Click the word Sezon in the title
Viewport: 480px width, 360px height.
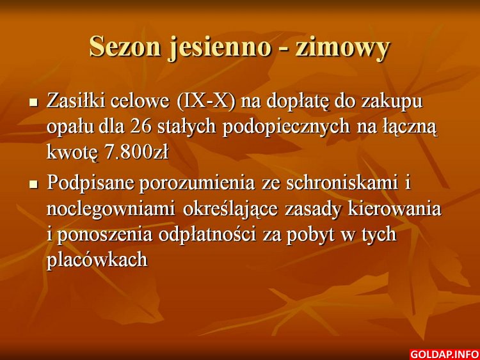point(125,47)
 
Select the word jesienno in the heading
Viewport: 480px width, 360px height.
point(220,48)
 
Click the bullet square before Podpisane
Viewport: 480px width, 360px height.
point(33,184)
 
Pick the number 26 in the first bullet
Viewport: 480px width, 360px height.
point(141,127)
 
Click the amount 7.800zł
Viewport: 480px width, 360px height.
point(136,152)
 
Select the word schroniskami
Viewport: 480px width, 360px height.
point(342,183)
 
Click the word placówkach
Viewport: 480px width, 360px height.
point(97,261)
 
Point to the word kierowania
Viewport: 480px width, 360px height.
point(394,209)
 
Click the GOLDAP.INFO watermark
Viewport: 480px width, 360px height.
point(444,354)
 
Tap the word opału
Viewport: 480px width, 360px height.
point(70,128)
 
